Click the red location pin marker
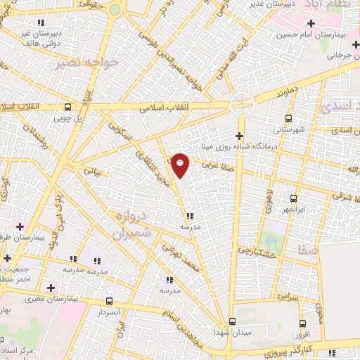pyautogui.click(x=181, y=165)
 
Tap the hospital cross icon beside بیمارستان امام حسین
pyautogui.click(x=311, y=24)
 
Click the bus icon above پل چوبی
pyautogui.click(x=67, y=108)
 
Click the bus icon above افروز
pyautogui.click(x=303, y=324)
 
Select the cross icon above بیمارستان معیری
pyautogui.click(x=50, y=287)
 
